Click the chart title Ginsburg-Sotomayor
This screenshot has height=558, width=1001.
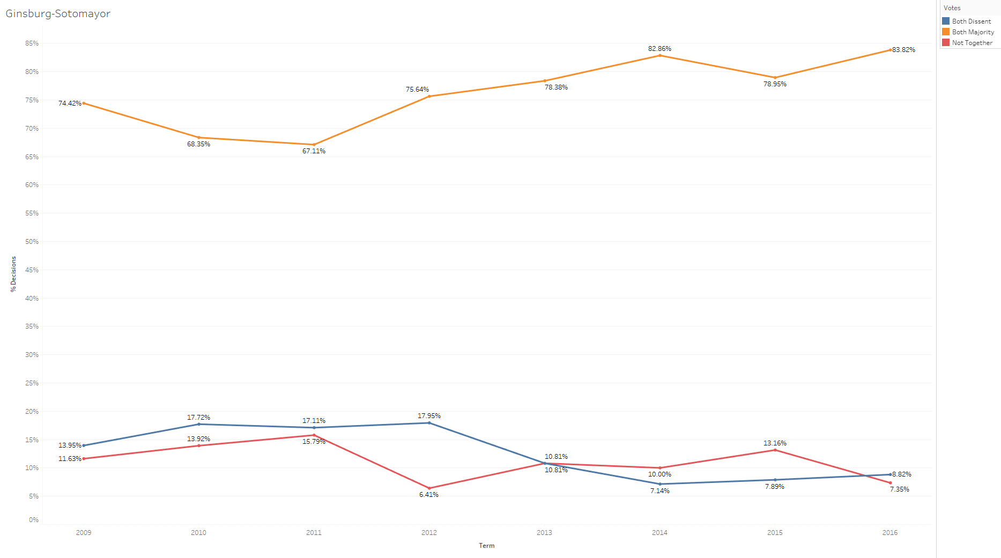coord(58,14)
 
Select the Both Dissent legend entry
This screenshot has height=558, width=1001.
coord(971,21)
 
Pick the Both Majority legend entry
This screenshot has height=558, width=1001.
coord(973,32)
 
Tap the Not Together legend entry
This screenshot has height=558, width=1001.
coord(972,43)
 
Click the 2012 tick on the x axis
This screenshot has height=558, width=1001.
coord(429,532)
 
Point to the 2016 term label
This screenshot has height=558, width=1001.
coord(889,532)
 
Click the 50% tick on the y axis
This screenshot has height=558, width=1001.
coord(32,242)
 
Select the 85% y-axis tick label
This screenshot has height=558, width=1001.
coord(32,43)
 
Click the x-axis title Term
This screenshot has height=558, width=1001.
coord(486,546)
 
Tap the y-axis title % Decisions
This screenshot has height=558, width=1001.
coord(13,274)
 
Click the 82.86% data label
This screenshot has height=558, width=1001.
coord(659,49)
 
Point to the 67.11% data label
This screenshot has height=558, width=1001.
coord(314,151)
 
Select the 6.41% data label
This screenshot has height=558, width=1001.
coord(429,495)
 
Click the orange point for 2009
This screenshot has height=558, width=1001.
coord(84,103)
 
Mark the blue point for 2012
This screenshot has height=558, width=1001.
coord(429,423)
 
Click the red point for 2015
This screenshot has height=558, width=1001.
coord(775,450)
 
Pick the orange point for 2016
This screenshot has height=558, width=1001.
coord(890,50)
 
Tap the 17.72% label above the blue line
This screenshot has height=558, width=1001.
coord(198,418)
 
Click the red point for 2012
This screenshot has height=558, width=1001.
coord(429,488)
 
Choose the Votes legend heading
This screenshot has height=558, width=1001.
coord(952,8)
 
